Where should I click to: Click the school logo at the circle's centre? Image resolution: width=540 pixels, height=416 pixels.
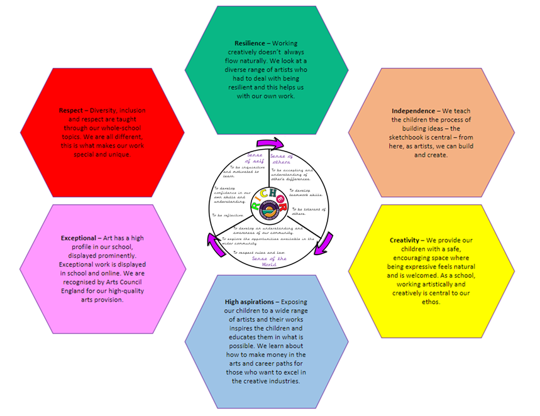click(268, 207)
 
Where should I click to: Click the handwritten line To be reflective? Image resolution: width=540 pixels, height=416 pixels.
click(227, 215)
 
